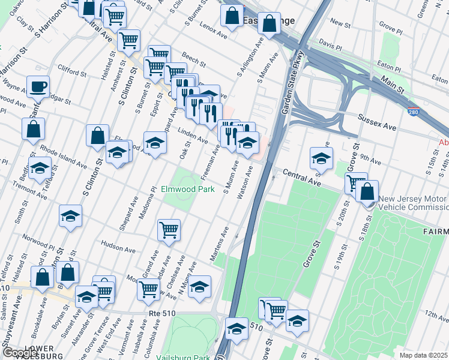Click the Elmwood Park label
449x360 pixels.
(187, 189)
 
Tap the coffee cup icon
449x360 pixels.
(38, 86)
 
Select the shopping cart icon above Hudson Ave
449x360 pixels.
(169, 230)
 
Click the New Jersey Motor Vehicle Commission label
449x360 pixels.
(412, 203)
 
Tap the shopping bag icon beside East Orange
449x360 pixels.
(271, 24)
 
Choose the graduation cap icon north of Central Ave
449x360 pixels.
(321, 159)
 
